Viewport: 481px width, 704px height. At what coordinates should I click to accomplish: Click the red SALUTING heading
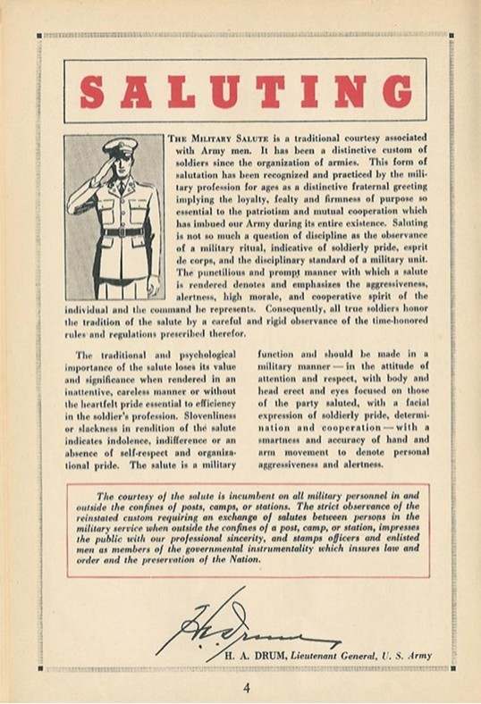[x=245, y=90]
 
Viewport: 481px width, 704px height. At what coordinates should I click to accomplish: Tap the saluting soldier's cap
[x=117, y=147]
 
